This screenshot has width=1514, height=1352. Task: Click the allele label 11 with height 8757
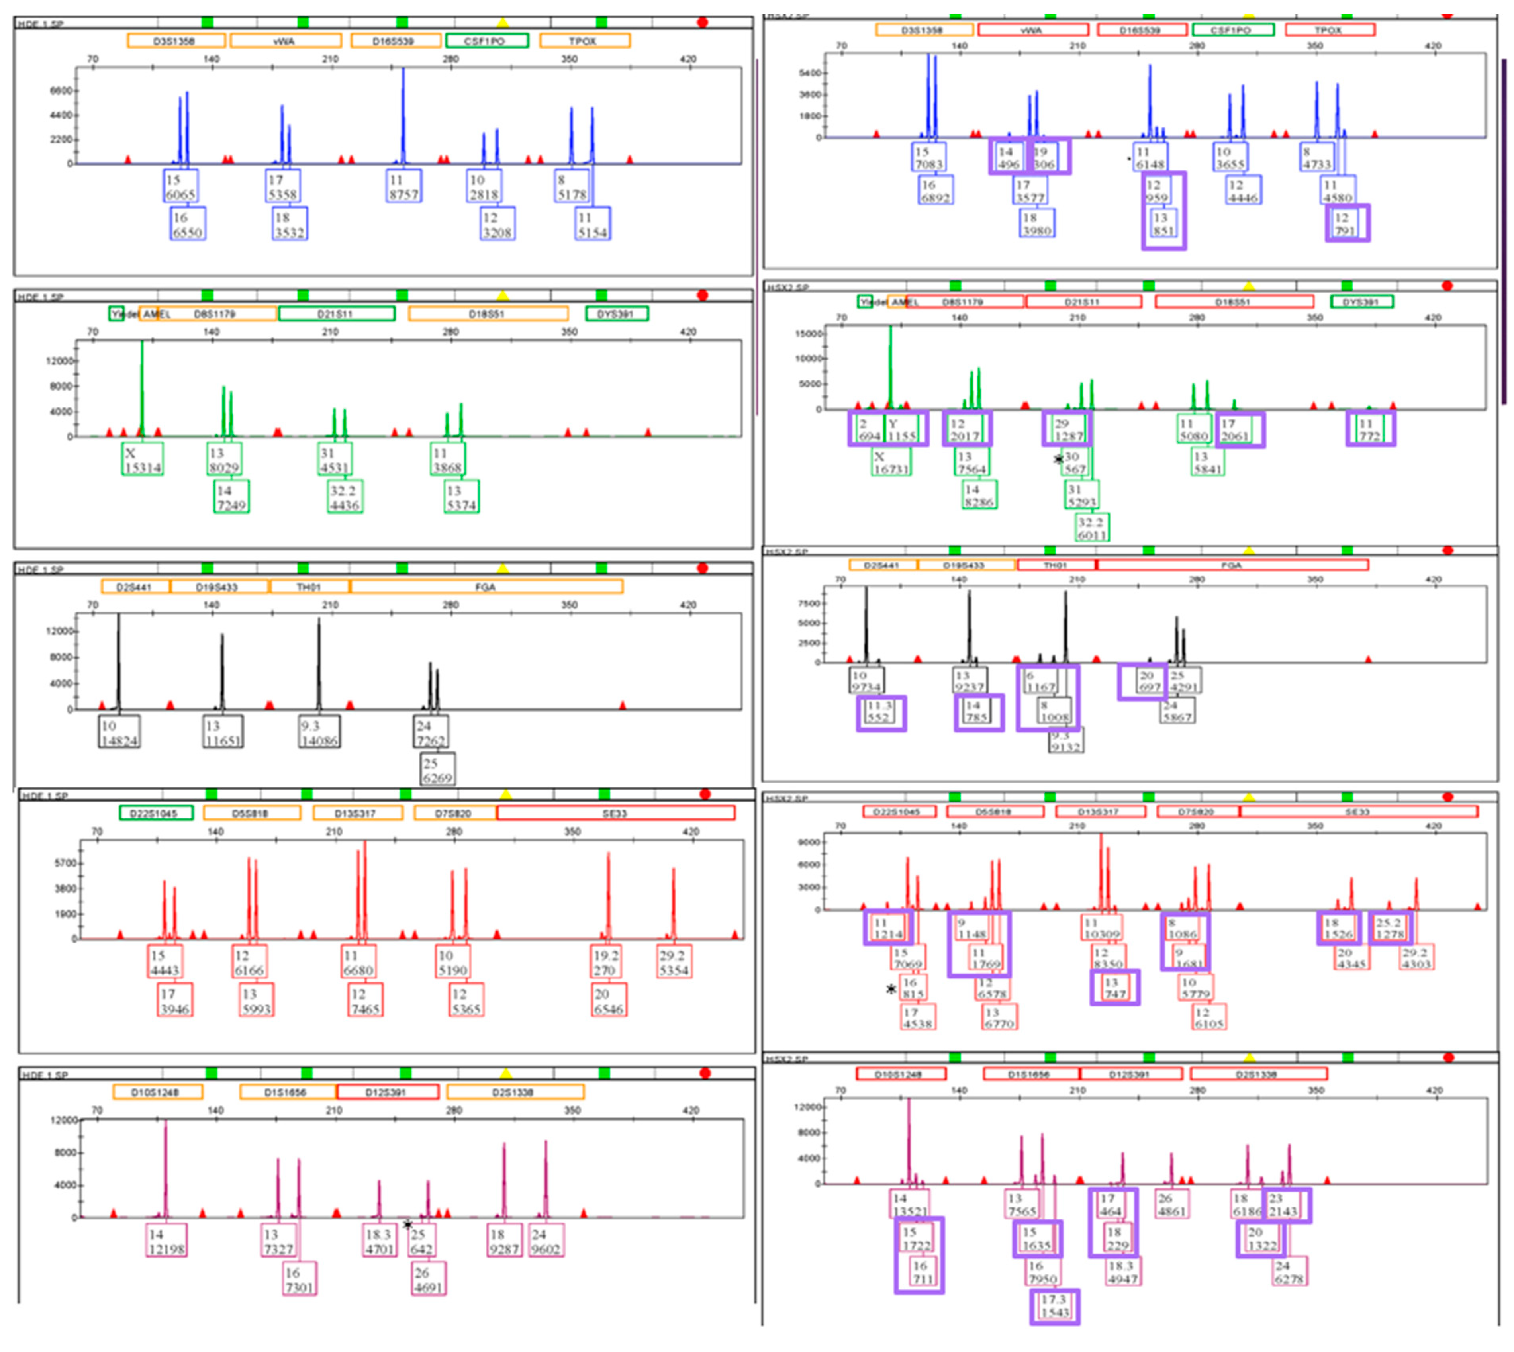click(403, 186)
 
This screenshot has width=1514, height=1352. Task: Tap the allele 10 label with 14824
click(119, 732)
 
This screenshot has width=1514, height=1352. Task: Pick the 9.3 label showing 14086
click(319, 732)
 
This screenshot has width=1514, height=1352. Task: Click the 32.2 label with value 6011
click(1091, 528)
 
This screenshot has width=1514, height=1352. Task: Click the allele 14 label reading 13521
click(909, 1205)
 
